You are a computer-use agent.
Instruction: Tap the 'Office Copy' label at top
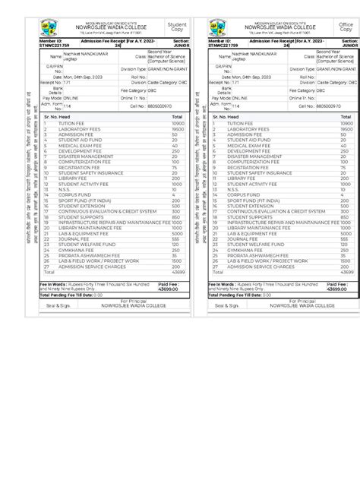tap(346, 28)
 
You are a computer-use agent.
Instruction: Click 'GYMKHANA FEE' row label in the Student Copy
tap(74, 249)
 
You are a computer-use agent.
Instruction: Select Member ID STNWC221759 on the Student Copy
tap(54, 46)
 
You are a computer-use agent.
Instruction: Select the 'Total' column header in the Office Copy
tap(346, 117)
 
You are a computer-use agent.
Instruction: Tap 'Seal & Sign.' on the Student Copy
tap(58, 305)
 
